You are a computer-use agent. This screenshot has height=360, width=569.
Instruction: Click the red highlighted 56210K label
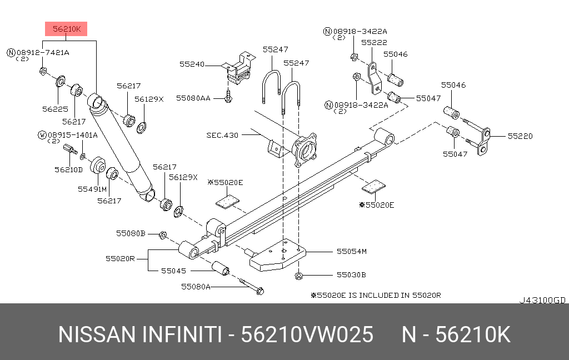coord(66,29)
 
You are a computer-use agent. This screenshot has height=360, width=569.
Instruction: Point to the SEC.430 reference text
coord(222,135)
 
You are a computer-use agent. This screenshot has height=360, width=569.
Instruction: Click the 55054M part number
coord(352,252)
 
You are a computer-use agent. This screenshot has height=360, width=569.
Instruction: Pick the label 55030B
coord(351,274)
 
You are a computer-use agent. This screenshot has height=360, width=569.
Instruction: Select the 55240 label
coord(192,64)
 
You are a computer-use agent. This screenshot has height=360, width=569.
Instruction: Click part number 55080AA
coord(193,98)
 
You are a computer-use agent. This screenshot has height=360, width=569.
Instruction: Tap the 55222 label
coord(374,42)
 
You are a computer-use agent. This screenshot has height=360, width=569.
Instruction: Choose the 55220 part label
coord(519,135)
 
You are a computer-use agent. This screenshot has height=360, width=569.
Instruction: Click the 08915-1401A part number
coord(72,135)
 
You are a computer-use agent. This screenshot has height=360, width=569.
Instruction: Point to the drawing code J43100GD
coord(542,300)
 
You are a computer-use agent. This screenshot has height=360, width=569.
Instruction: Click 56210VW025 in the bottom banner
coord(307,335)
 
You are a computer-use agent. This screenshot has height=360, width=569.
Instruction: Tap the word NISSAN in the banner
coord(97,335)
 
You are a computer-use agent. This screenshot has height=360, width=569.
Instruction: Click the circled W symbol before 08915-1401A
coord(42,135)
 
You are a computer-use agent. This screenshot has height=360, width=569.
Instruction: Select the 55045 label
coord(174,271)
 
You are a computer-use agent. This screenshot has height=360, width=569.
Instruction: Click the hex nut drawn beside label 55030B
coord(299,275)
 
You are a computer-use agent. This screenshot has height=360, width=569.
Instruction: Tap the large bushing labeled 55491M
coord(98,165)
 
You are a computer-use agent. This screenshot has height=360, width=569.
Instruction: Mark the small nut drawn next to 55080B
coord(163,235)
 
